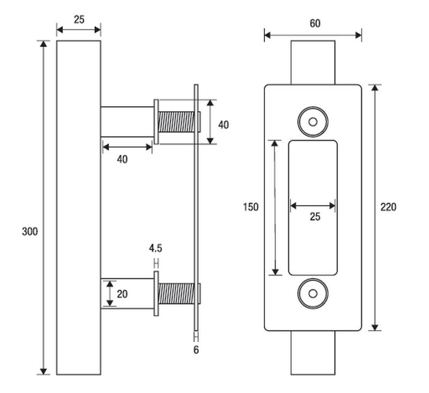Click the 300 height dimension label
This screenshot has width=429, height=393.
click(30, 232)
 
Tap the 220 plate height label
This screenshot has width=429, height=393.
click(388, 207)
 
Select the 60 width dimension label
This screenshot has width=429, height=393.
click(315, 23)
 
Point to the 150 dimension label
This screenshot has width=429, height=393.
click(250, 207)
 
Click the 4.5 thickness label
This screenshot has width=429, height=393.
click(156, 248)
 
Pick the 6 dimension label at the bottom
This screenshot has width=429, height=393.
click(196, 350)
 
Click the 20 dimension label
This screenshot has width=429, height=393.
click(122, 294)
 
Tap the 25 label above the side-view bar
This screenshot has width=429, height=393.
click(79, 20)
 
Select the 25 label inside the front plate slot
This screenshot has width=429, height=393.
click(315, 217)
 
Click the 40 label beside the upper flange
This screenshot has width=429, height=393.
click(223, 125)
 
